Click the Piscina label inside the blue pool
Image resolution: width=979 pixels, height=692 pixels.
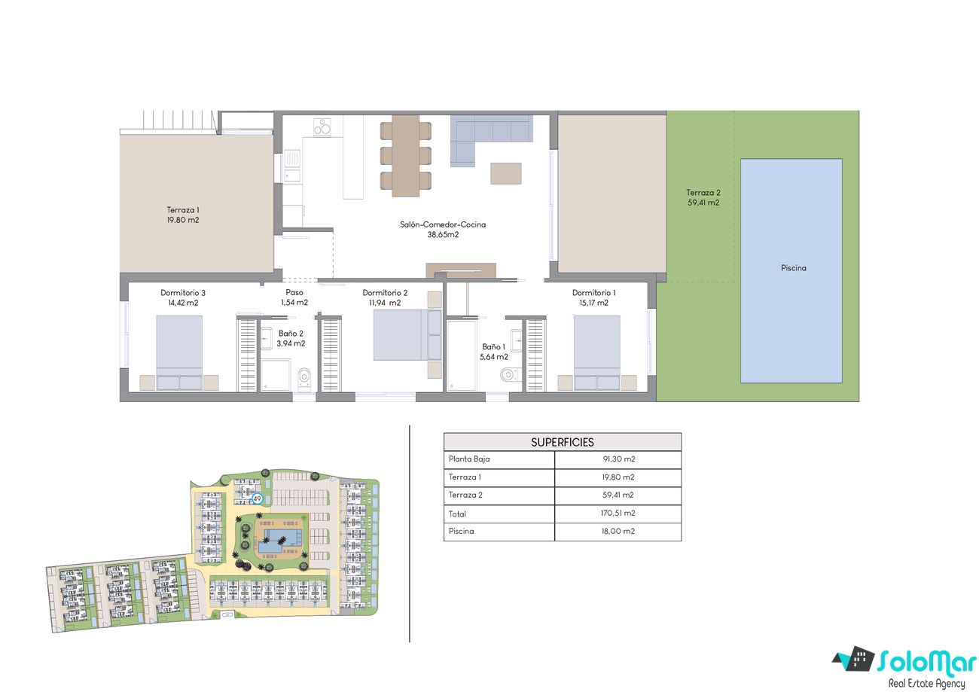[x=793, y=268]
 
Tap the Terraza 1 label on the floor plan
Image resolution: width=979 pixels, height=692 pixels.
[x=183, y=215]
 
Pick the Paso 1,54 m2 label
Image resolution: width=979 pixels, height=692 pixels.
[x=294, y=297]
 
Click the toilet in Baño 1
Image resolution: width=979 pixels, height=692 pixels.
[x=509, y=374]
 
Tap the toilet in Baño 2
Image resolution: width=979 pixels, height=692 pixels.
[x=304, y=376]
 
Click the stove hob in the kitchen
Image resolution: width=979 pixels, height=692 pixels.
[x=322, y=127]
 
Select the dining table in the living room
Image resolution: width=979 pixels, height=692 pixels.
[x=406, y=156]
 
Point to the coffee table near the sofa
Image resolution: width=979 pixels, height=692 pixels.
[x=505, y=173]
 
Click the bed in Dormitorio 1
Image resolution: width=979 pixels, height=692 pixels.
[x=596, y=352]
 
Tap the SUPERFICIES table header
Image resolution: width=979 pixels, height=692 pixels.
[x=562, y=442]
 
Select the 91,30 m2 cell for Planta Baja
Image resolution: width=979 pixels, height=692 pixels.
[x=619, y=459]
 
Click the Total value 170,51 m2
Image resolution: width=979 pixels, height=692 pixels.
[x=618, y=513]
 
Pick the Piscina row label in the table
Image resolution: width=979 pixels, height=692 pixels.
[x=461, y=531]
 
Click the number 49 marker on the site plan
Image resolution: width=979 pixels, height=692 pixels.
[x=258, y=498]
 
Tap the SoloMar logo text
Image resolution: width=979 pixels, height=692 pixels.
[x=926, y=662]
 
